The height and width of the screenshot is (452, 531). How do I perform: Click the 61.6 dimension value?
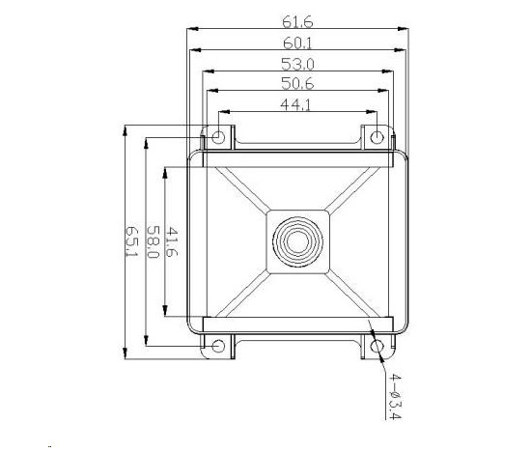pyautogui.click(x=296, y=19)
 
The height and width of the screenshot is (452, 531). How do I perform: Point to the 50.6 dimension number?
pyautogui.click(x=296, y=85)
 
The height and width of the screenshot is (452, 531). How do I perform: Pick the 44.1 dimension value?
pyautogui.click(x=296, y=106)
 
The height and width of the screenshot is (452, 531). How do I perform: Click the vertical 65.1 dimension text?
pyautogui.click(x=132, y=241)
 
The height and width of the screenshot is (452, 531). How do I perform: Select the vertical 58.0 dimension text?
pyautogui.click(x=153, y=241)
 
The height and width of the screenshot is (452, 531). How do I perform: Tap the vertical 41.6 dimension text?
pyautogui.click(x=173, y=241)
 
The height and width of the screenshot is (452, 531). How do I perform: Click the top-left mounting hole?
pyautogui.click(x=219, y=137)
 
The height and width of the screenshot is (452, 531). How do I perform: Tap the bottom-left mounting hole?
pyautogui.click(x=219, y=345)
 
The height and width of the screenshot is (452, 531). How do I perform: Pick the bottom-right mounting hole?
pyautogui.click(x=377, y=345)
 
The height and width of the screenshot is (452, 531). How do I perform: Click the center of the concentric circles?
pyautogui.click(x=297, y=240)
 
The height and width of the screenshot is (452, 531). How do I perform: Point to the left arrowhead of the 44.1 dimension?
pyautogui.click(x=223, y=113)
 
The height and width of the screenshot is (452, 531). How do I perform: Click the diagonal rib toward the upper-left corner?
pyautogui.click(x=241, y=188)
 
